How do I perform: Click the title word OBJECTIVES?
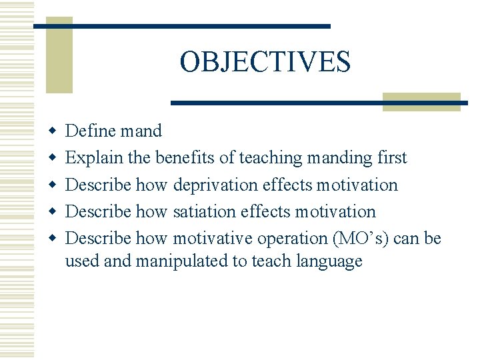(x=265, y=62)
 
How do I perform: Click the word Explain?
(x=95, y=157)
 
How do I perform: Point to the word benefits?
(x=185, y=157)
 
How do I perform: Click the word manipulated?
(x=181, y=261)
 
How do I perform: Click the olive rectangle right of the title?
(x=421, y=101)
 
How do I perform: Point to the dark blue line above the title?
(x=182, y=26)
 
